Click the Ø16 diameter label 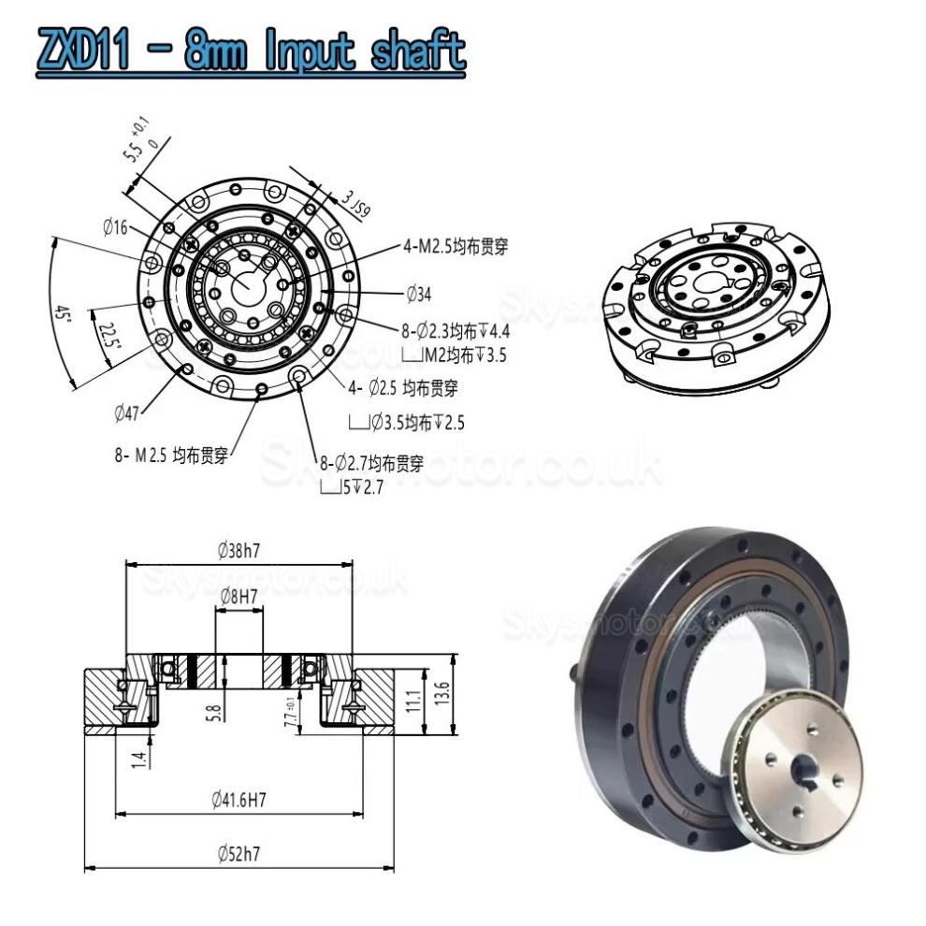tap(116, 226)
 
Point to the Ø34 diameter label tap(419, 296)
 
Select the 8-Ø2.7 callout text tap(371, 462)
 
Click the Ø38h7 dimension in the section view tap(239, 551)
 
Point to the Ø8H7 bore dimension tap(239, 596)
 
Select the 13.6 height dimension tap(443, 695)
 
